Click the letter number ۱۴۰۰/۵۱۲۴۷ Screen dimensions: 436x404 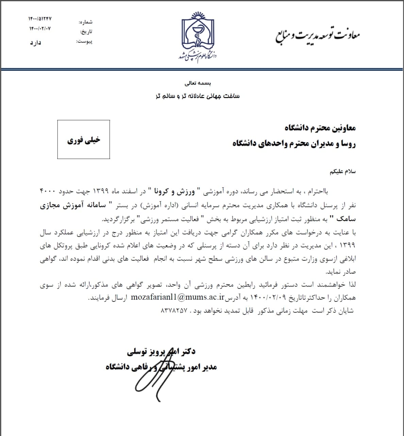pos(40,19)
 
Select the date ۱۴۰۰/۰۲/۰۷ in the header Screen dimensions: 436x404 pos(40,29)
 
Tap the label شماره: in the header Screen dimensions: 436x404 pos(86,22)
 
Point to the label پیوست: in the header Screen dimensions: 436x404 pos(84,42)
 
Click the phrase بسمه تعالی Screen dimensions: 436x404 pos(198,83)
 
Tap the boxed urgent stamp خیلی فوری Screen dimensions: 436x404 pos(84,140)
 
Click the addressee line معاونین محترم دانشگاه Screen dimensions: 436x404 pos(320,128)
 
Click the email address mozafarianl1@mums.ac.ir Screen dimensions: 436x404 pos(177,297)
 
